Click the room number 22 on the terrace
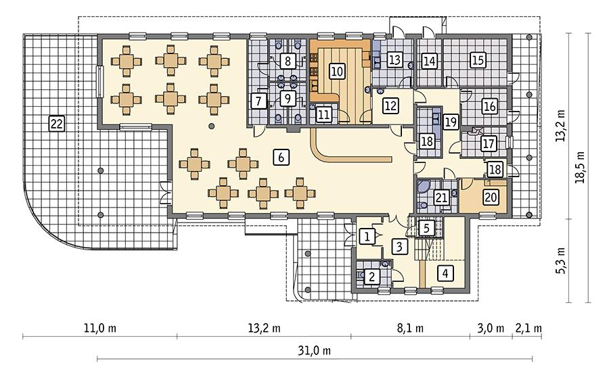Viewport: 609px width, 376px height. [x=57, y=122]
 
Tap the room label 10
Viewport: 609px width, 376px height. [x=336, y=69]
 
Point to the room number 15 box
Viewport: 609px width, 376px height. [x=478, y=60]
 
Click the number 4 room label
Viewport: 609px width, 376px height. [x=445, y=273]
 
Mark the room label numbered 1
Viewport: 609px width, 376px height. [x=366, y=236]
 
